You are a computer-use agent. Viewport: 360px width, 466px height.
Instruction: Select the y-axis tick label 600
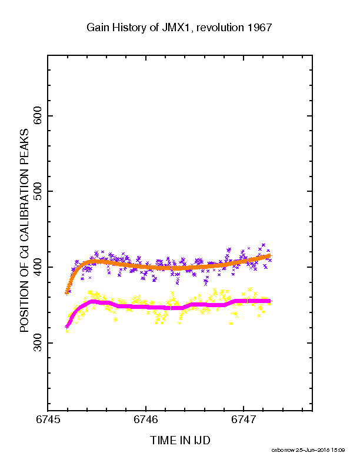tap(38, 115)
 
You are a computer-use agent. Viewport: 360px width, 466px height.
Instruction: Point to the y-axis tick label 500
tap(38, 191)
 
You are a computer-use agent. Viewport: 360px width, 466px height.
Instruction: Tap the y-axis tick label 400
tap(38, 267)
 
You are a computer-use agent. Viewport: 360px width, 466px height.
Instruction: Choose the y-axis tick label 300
tap(38, 342)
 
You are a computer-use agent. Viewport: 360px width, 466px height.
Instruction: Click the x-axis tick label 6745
tap(48, 420)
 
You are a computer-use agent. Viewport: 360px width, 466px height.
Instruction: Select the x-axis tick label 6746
tap(146, 420)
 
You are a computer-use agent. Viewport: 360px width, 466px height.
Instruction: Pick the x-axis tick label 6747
tap(244, 420)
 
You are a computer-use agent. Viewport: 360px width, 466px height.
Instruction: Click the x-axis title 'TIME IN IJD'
tap(180, 440)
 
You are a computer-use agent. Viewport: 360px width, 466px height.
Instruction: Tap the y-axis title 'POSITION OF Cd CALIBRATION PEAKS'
tap(24, 230)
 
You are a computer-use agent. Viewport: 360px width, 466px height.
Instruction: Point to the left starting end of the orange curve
tap(67, 293)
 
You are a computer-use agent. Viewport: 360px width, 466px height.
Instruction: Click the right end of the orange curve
tap(270, 255)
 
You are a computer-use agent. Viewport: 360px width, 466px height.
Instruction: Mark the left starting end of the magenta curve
tap(67, 327)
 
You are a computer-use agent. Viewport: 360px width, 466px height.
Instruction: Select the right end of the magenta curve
tap(270, 301)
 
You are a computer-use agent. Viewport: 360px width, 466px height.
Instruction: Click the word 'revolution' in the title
tap(221, 28)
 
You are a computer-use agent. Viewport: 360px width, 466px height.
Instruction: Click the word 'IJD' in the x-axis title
tap(202, 440)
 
